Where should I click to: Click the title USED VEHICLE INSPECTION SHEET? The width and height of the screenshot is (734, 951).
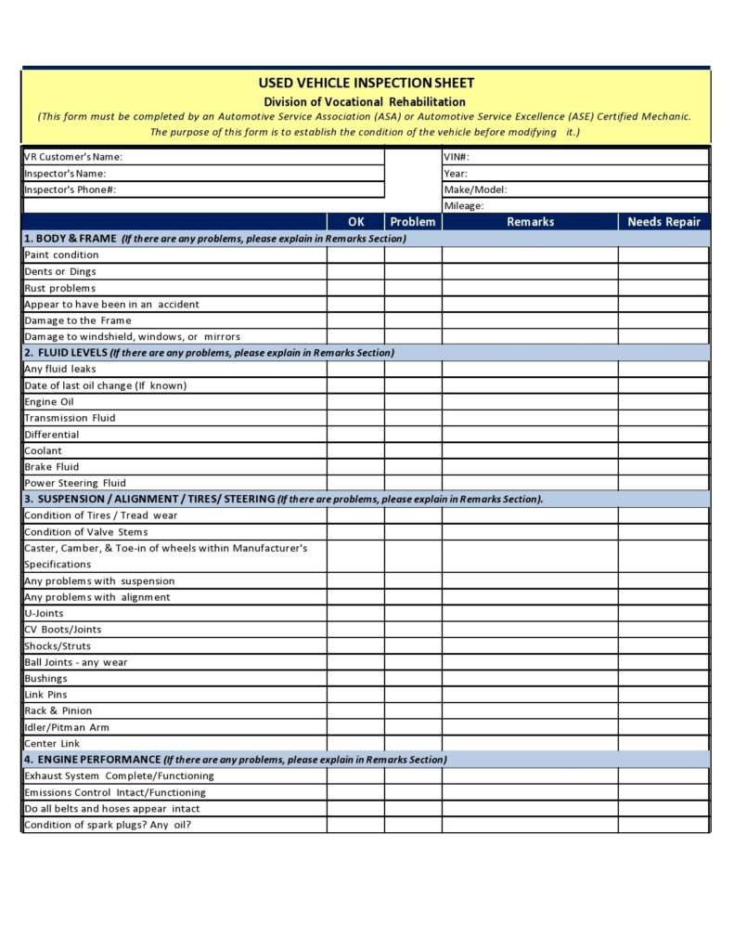[366, 84]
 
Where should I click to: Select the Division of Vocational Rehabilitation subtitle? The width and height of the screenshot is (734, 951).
[365, 101]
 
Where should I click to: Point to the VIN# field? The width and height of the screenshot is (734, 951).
[575, 157]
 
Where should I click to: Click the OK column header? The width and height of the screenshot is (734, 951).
[355, 222]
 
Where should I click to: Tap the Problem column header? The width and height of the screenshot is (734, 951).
[413, 222]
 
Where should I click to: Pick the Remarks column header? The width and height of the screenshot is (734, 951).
[530, 222]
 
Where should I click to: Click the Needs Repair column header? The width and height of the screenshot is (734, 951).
[663, 222]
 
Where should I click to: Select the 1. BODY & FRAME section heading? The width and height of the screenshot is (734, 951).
[71, 239]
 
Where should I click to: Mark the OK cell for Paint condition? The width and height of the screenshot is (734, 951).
[355, 255]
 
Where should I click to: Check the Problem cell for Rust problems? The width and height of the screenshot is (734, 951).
[413, 288]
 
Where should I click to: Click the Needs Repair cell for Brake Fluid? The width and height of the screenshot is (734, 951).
[663, 467]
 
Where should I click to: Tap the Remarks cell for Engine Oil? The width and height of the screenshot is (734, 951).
[530, 402]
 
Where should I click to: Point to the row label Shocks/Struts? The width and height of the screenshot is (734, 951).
[58, 646]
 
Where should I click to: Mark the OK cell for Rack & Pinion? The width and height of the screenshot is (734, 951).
[355, 711]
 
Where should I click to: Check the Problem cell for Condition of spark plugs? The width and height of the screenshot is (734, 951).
[413, 825]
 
